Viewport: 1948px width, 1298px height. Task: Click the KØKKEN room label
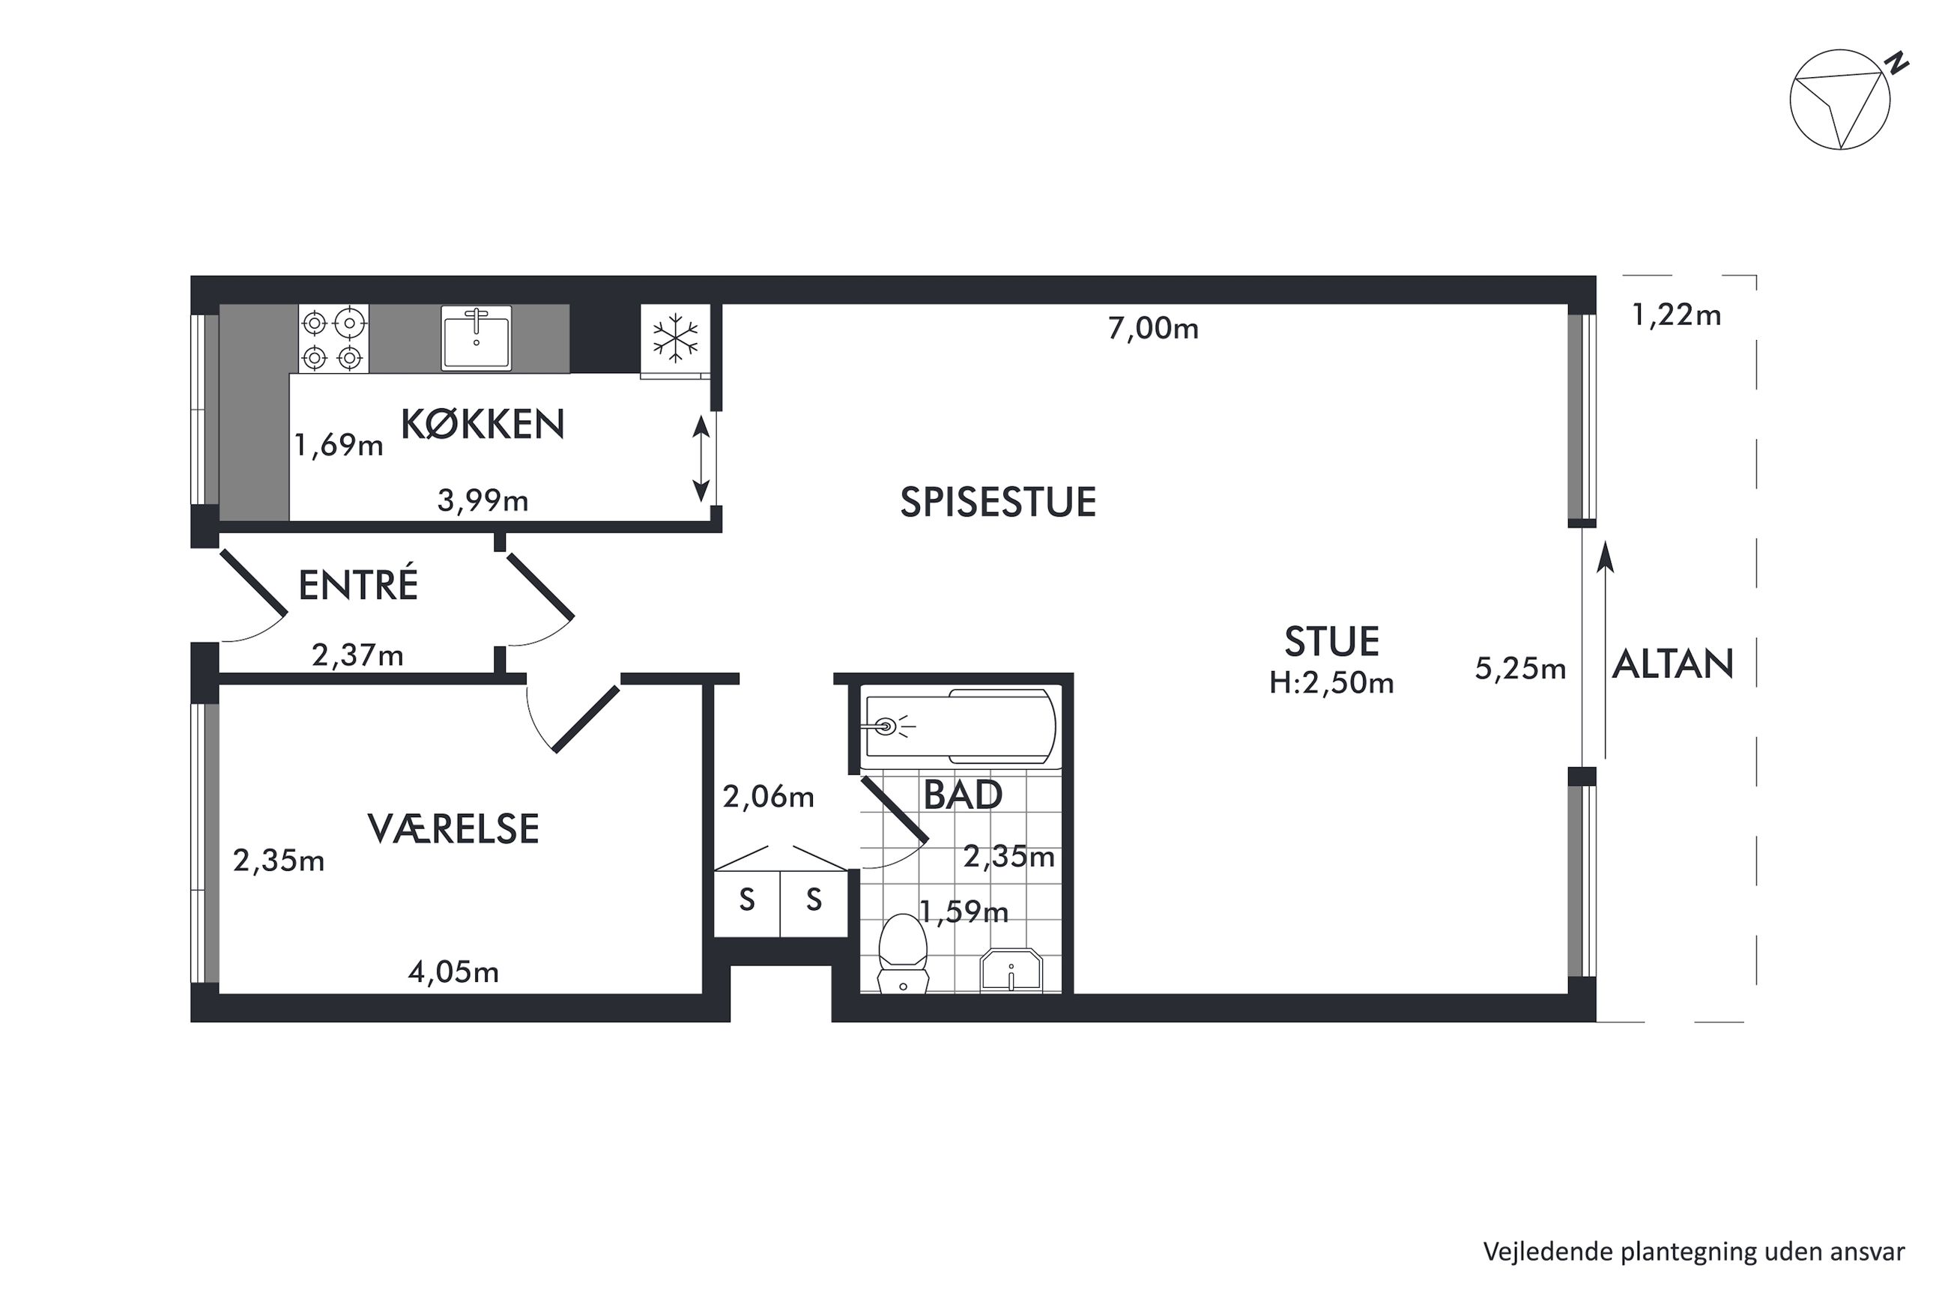coord(483,424)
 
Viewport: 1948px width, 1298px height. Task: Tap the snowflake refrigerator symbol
coord(676,338)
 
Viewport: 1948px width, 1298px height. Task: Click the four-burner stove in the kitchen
coord(333,339)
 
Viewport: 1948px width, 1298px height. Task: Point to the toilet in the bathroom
coord(902,953)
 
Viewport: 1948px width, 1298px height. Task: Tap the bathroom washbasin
coord(1011,970)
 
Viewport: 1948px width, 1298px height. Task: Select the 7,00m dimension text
coord(1153,329)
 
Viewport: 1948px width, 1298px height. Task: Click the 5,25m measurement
coord(1520,668)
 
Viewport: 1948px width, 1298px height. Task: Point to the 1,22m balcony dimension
coord(1677,315)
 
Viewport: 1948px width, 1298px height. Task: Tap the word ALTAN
coord(1672,664)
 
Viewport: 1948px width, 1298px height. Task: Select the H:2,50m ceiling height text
coord(1332,683)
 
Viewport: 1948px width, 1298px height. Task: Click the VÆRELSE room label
coord(453,828)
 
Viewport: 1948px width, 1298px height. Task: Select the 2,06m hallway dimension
coord(768,796)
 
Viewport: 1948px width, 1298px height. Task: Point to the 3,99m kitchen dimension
coord(483,500)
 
